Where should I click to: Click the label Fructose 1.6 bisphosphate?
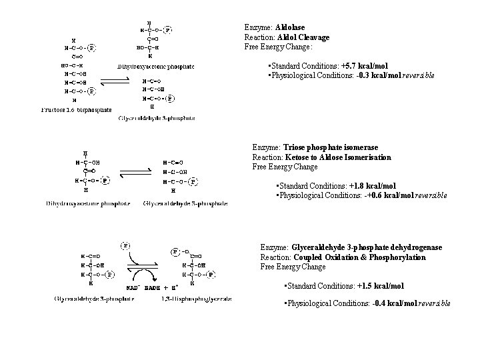77,110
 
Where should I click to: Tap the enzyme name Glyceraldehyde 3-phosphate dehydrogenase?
359,247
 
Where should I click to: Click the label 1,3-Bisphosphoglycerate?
197,299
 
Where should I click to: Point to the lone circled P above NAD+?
125,245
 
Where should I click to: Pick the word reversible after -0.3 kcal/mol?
418,76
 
